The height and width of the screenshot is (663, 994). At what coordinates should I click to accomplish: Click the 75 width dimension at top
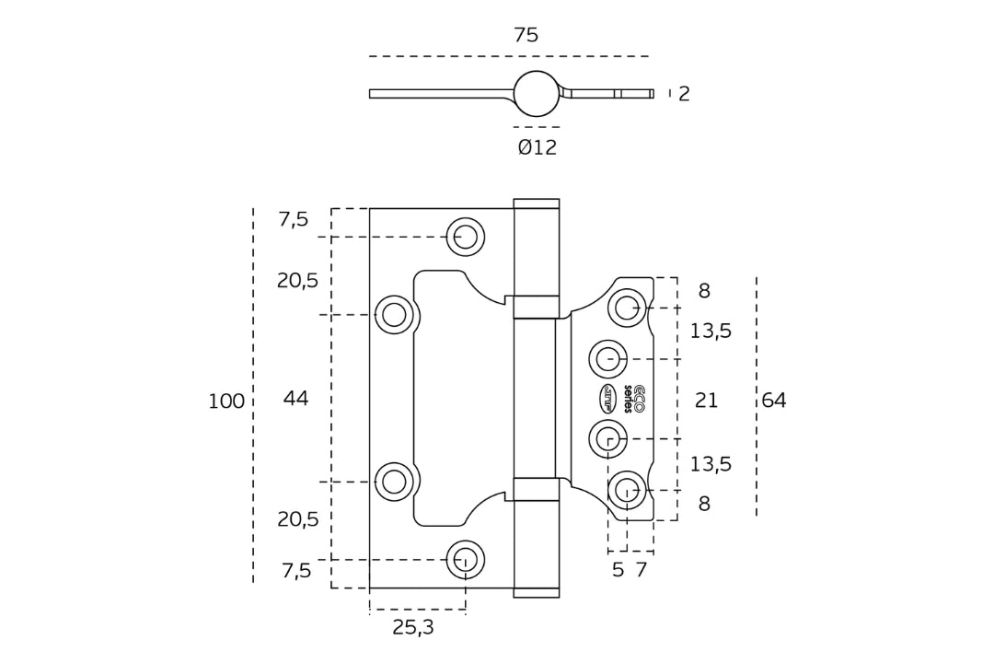[526, 35]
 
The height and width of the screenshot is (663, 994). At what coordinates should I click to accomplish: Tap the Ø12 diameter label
[537, 147]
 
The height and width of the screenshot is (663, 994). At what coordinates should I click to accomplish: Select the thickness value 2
[684, 94]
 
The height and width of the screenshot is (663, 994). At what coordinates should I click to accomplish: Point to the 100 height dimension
[226, 401]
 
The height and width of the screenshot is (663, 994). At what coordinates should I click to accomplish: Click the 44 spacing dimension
[295, 399]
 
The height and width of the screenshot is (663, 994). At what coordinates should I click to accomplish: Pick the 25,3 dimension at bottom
[412, 628]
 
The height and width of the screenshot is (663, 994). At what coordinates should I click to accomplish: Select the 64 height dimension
[774, 401]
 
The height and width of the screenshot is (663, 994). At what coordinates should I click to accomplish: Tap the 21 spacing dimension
[706, 401]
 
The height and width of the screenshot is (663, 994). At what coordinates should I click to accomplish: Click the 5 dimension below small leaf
[618, 570]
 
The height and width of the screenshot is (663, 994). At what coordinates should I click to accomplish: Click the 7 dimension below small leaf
[641, 570]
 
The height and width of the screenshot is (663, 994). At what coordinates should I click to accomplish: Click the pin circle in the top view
[537, 94]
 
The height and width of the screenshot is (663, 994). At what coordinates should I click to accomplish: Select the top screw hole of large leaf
[466, 237]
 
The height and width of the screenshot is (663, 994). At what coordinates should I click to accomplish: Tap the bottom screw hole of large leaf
[466, 559]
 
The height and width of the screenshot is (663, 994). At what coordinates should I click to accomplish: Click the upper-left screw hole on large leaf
[394, 315]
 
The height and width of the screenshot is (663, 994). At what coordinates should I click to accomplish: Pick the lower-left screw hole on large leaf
[394, 482]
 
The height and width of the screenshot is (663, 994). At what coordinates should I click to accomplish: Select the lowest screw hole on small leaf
[627, 490]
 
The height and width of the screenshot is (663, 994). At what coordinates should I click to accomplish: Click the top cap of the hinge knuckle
[537, 204]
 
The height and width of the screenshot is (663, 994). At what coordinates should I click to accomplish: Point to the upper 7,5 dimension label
[294, 219]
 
